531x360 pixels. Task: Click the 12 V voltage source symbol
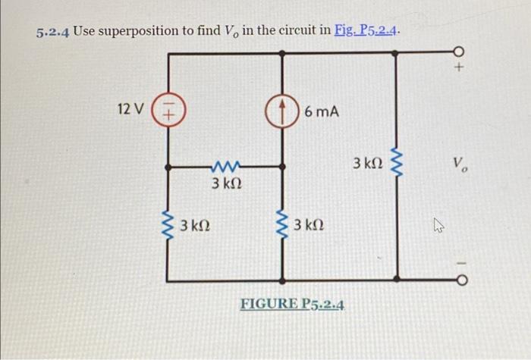[168, 109]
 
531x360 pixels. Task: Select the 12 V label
[130, 109]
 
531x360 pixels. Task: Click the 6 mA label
[322, 112]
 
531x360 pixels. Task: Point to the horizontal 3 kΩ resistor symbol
[226, 164]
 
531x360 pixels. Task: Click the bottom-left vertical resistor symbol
[168, 224]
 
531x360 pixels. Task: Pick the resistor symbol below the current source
[282, 224]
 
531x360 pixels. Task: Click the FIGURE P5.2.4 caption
[292, 305]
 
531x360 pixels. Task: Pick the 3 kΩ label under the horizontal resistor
[226, 184]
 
